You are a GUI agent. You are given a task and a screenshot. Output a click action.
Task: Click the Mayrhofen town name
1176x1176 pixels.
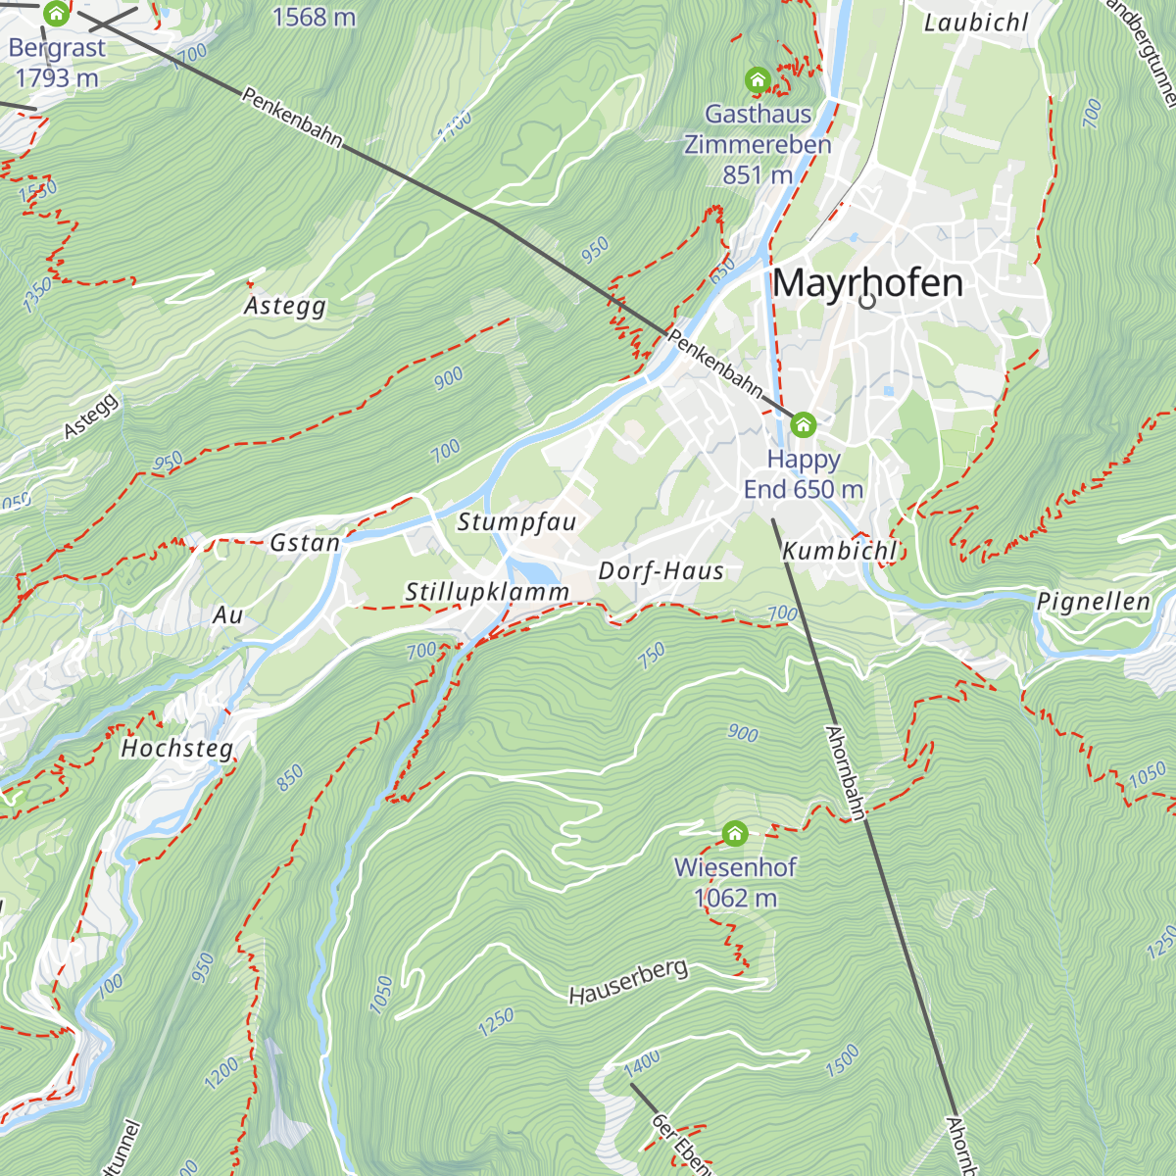pyautogui.click(x=867, y=283)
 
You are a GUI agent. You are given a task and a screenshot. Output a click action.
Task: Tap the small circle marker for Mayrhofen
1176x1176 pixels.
pyautogui.click(x=867, y=301)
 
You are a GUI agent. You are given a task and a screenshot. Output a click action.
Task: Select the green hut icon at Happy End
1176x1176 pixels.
pyautogui.click(x=803, y=424)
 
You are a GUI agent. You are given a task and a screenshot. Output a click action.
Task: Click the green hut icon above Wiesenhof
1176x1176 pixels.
pyautogui.click(x=735, y=834)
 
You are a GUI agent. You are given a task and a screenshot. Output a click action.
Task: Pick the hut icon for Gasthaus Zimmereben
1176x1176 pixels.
pyautogui.click(x=757, y=79)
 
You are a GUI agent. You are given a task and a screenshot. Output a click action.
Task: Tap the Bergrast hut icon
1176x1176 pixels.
pyautogui.click(x=56, y=14)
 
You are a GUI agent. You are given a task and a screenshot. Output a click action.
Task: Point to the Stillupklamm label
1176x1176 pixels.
pyautogui.click(x=487, y=592)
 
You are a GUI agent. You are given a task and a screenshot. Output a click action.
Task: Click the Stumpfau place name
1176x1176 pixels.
pyautogui.click(x=516, y=521)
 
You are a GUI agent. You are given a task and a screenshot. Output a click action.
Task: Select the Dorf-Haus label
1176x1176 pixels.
pyautogui.click(x=661, y=570)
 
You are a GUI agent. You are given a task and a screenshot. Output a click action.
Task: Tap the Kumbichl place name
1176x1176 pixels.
pyautogui.click(x=840, y=551)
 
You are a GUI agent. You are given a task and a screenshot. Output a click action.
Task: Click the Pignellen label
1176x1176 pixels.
pyautogui.click(x=1093, y=601)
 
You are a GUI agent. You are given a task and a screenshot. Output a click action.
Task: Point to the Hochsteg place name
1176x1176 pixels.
pyautogui.click(x=177, y=749)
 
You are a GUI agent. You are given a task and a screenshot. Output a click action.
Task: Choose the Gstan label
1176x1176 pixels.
pyautogui.click(x=305, y=542)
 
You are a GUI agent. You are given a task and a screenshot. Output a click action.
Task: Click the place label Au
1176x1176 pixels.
pyautogui.click(x=227, y=614)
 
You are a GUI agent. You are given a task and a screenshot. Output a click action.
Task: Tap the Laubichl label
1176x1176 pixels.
pyautogui.click(x=976, y=23)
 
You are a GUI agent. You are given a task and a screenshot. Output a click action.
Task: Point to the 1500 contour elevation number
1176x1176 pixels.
pyautogui.click(x=842, y=1061)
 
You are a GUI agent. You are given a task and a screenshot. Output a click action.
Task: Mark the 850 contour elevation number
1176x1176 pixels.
pyautogui.click(x=290, y=778)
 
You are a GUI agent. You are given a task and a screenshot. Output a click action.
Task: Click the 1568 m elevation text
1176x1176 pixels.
pyautogui.click(x=314, y=17)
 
